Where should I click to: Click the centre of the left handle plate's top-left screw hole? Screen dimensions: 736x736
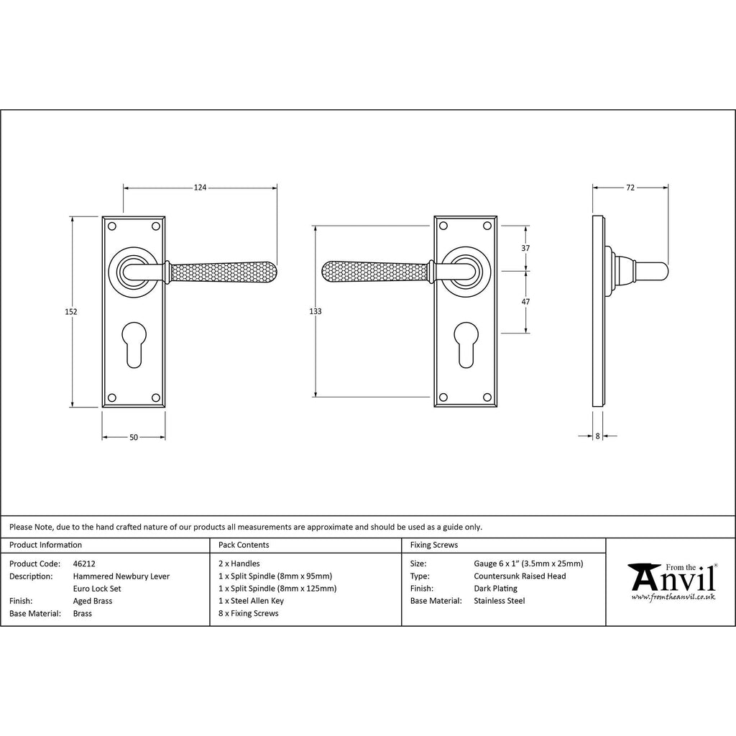pyautogui.click(x=111, y=226)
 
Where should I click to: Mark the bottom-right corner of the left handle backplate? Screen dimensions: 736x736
pyautogui.click(x=165, y=407)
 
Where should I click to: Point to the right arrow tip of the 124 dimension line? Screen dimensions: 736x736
pyautogui.click(x=277, y=188)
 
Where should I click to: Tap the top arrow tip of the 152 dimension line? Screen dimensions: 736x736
pyautogui.click(x=72, y=217)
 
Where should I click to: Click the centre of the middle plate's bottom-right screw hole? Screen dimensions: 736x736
pyautogui.click(x=487, y=397)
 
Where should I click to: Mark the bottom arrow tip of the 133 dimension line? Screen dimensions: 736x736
pyautogui.click(x=316, y=397)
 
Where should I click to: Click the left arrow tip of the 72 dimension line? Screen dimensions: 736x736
pyautogui.click(x=593, y=188)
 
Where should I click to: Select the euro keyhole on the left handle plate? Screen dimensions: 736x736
pyautogui.click(x=134, y=344)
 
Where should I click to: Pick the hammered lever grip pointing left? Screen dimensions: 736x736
pyautogui.click(x=375, y=271)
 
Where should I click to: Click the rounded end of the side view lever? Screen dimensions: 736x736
pyautogui.click(x=663, y=271)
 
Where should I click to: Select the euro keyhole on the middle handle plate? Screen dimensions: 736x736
pyautogui.click(x=466, y=344)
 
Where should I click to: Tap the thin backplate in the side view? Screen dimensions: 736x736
pyautogui.click(x=599, y=311)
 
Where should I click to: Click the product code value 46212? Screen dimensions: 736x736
pyautogui.click(x=84, y=563)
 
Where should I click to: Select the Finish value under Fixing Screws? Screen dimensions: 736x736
pyautogui.click(x=496, y=589)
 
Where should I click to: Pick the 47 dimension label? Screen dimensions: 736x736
pyautogui.click(x=525, y=302)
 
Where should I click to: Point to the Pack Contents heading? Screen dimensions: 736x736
pyautogui.click(x=244, y=545)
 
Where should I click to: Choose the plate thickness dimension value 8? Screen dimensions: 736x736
pyautogui.click(x=597, y=436)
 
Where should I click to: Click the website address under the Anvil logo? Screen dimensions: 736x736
pyautogui.click(x=673, y=597)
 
